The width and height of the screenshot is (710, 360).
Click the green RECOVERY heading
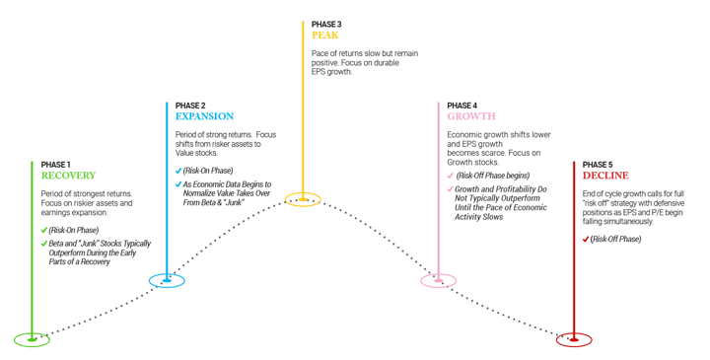[68, 177]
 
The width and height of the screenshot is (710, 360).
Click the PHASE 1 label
[56, 164]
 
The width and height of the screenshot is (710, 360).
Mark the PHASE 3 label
[325, 22]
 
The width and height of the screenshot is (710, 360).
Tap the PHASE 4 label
[461, 104]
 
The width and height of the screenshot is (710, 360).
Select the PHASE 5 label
[598, 164]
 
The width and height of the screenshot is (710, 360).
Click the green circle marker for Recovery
[32, 340]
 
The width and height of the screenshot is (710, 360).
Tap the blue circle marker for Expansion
[167, 281]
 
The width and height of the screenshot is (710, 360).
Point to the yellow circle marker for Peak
[303, 200]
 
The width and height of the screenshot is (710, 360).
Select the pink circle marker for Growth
[439, 281]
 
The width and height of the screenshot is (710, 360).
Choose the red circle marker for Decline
[574, 340]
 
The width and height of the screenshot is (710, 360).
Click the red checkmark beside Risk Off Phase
[586, 240]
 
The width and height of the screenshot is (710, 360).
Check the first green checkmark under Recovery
[44, 230]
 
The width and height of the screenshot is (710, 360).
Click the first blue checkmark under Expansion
[178, 169]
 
